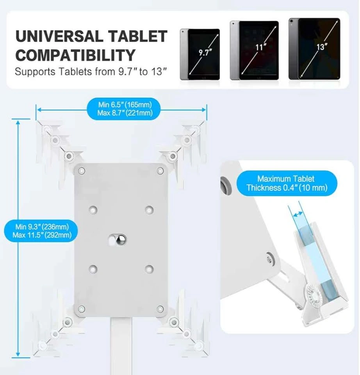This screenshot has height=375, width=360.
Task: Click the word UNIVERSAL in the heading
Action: tap(59, 36)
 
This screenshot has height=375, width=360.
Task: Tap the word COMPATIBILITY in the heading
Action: tap(75, 55)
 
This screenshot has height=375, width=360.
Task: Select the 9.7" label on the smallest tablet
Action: tap(205, 52)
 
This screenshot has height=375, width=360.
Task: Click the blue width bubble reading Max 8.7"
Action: tap(123, 109)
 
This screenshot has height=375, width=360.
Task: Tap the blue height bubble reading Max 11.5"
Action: tap(41, 231)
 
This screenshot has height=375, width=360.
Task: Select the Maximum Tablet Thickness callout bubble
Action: tap(287, 183)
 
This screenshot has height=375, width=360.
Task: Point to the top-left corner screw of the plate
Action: tap(82, 171)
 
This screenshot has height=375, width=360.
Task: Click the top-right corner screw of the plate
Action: tap(160, 171)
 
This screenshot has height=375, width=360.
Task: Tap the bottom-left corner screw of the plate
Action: tap(82, 309)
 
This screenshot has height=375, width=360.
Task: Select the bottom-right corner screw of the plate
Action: tap(160, 309)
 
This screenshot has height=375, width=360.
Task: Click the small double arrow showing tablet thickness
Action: tap(298, 214)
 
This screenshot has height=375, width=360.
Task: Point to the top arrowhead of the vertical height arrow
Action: tap(18, 123)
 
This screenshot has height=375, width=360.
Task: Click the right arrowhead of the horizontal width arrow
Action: tap(203, 110)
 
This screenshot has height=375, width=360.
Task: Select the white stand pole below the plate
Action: tap(121, 346)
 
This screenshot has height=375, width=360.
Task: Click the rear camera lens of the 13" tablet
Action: tap(291, 21)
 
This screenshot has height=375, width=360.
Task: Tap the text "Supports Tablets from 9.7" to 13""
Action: tap(91, 71)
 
